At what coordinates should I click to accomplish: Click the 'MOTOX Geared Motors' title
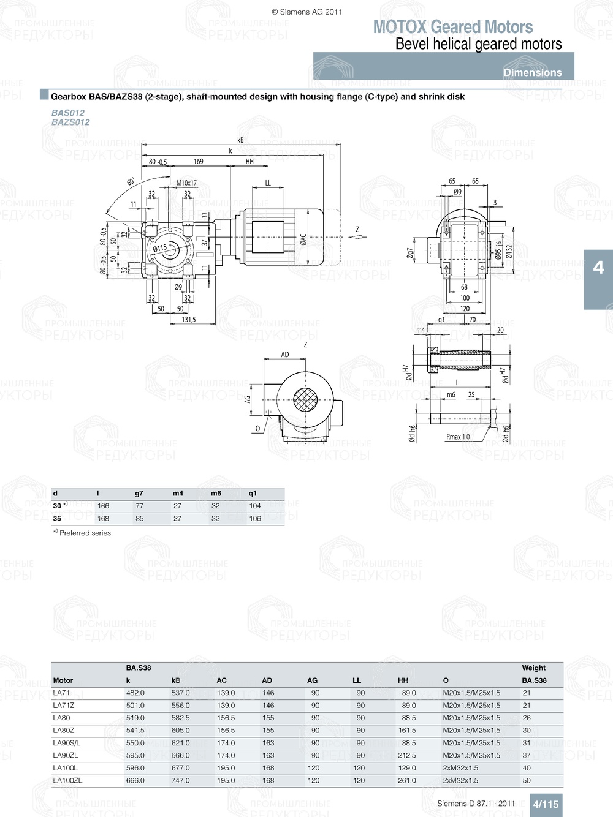point(452,27)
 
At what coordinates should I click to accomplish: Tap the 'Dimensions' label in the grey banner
point(532,72)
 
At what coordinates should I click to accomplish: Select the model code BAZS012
point(70,122)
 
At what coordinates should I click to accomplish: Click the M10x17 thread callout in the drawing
point(186,183)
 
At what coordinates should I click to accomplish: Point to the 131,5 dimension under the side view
point(188,320)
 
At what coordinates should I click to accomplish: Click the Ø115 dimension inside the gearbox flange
point(159,249)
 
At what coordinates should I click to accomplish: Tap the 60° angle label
point(131,182)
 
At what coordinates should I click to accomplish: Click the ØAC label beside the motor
point(303,239)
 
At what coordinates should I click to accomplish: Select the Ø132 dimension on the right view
point(508,251)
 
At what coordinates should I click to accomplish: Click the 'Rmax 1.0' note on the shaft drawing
point(458,437)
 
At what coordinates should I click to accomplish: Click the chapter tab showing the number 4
point(598,268)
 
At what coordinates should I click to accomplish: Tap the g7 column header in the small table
point(139,494)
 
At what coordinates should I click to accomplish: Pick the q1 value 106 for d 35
point(255,519)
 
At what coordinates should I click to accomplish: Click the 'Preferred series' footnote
point(85,533)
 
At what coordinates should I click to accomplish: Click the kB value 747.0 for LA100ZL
point(180,781)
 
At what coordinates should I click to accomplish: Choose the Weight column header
point(533,668)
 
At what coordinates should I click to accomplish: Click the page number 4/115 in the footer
point(546,804)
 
